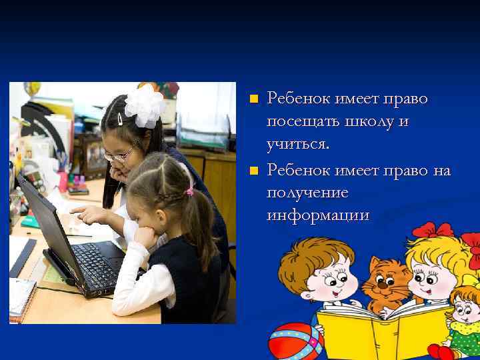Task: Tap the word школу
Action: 368,122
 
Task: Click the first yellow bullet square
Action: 253,99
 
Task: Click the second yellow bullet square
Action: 253,171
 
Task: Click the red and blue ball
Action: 293,341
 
